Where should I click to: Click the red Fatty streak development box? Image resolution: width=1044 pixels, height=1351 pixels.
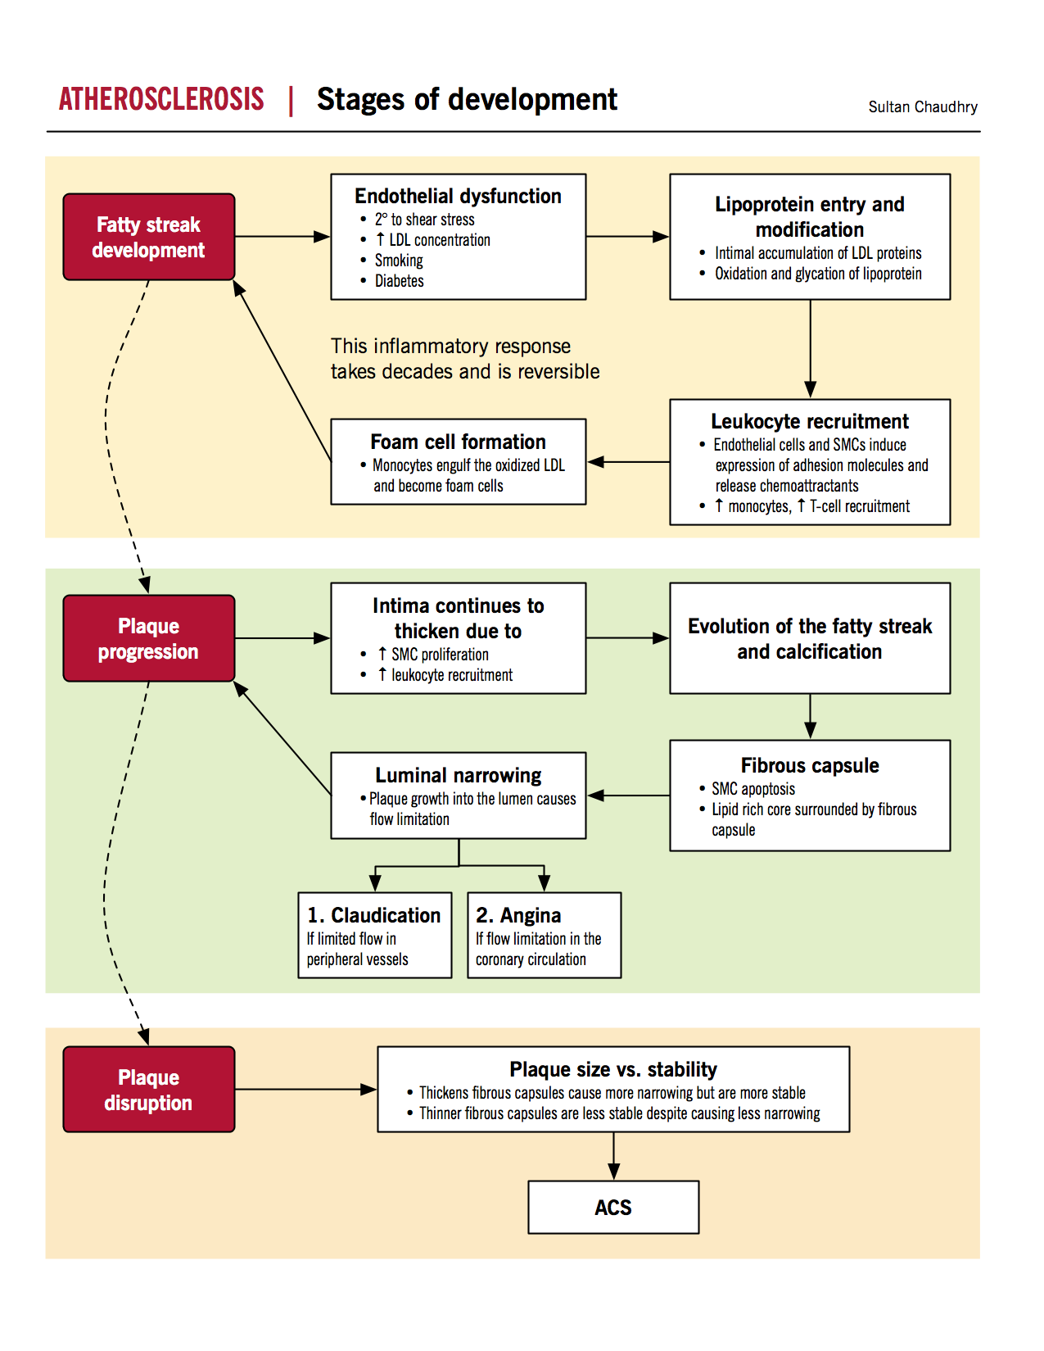[x=149, y=237]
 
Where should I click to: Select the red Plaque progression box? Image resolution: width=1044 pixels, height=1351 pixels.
[x=149, y=638]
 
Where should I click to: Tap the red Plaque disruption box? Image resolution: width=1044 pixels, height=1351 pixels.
[x=149, y=1090]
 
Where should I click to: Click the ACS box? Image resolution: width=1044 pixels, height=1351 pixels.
[x=613, y=1207]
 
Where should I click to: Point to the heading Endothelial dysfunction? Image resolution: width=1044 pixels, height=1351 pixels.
[x=458, y=196]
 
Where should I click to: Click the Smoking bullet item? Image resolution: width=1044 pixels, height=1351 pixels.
[x=399, y=261]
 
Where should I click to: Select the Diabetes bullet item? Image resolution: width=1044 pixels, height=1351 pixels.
[x=399, y=281]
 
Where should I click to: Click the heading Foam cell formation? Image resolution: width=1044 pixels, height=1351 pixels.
[x=458, y=442]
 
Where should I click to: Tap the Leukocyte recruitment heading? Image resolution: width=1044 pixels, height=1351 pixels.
[x=809, y=421]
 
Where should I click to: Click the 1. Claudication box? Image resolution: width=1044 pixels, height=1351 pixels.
[x=374, y=935]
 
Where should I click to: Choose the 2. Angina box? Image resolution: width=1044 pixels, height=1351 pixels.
[x=544, y=935]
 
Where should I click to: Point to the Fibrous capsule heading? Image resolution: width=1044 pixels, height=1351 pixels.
[x=809, y=765]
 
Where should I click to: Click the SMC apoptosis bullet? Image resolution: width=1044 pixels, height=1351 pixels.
[x=752, y=789]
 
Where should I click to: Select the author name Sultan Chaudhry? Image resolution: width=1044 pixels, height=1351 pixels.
[x=922, y=107]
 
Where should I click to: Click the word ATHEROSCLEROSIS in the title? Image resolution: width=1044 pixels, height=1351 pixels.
[x=161, y=99]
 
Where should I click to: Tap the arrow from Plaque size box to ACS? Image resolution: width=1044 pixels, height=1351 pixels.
[x=613, y=1156]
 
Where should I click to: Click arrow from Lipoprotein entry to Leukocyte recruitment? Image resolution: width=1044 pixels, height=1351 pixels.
[x=810, y=349]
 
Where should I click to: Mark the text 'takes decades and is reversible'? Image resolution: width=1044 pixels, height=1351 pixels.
[x=464, y=372]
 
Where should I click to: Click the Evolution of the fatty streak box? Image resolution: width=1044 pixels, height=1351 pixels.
[x=809, y=638]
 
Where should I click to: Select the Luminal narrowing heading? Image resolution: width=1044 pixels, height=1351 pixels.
[x=458, y=775]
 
